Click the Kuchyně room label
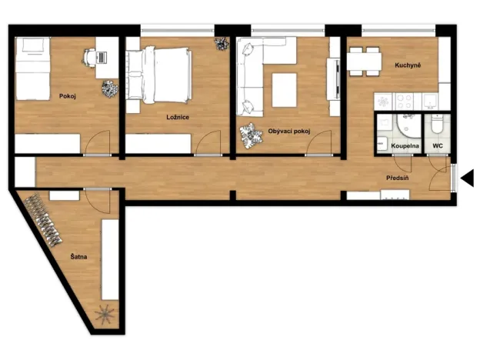pos(408,65)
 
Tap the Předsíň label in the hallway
pos(397,178)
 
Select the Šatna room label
pos(78,256)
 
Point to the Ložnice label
pos(178,117)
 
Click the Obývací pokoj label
pos(289,132)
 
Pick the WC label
pos(438,146)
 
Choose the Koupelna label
pos(405,146)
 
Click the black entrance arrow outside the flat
pos(467,178)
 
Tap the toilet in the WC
pos(437,124)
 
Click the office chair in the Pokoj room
pos(90,57)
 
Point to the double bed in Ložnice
pos(159,75)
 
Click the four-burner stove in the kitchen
pos(405,102)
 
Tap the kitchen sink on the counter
pos(431,102)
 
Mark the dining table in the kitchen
pos(365,62)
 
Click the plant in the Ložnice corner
pos(221,44)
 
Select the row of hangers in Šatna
pos(43,221)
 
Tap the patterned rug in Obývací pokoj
pos(252,136)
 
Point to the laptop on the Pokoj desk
pos(102,57)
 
